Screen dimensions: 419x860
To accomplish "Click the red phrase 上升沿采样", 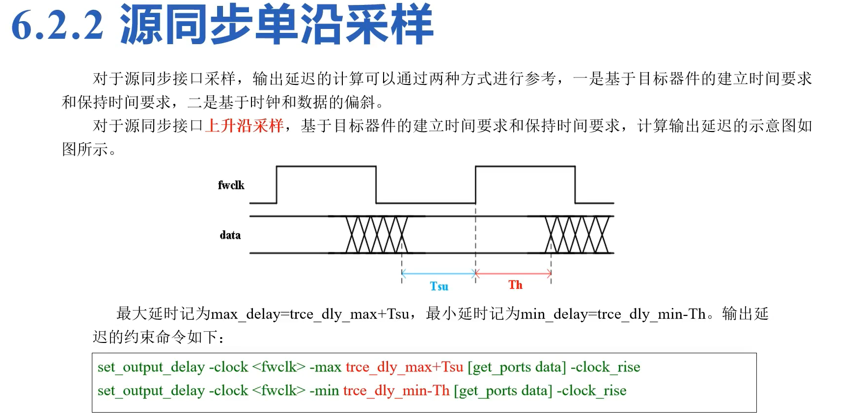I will (x=244, y=126).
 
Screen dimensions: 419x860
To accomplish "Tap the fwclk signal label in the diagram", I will (x=231, y=185).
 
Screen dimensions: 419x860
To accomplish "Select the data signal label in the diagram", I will (x=230, y=235).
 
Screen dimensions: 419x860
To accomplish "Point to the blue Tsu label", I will (x=439, y=286).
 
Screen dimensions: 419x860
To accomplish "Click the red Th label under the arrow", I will (x=515, y=285).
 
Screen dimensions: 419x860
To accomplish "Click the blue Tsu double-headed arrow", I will (x=439, y=274).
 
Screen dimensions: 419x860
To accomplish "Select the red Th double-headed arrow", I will (x=513, y=273).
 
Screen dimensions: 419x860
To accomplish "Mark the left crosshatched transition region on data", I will (x=377, y=235).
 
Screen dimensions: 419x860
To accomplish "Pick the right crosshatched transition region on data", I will (x=577, y=235).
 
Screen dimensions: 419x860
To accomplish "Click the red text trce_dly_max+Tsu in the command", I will (x=404, y=367).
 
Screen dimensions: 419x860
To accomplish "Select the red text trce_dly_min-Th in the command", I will (x=396, y=391).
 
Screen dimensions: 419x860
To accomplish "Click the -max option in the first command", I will (x=325, y=367).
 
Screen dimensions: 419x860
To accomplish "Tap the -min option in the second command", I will (x=324, y=391).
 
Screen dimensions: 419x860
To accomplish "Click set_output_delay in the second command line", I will (x=151, y=391).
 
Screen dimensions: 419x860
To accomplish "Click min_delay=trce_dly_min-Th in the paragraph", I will (x=612, y=314).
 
